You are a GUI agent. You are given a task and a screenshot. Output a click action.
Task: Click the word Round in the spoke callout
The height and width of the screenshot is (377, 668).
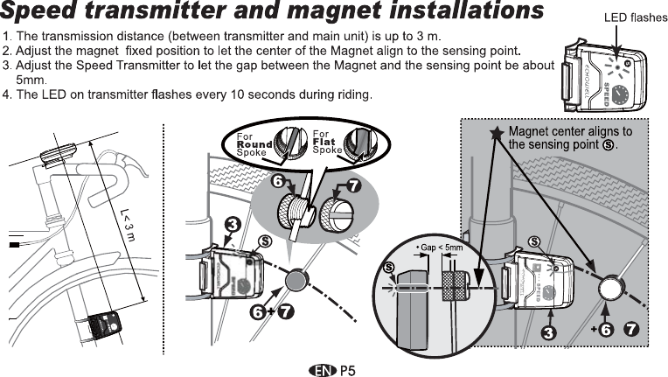254,144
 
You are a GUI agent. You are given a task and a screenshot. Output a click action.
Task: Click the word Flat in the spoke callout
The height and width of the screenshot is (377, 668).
324,143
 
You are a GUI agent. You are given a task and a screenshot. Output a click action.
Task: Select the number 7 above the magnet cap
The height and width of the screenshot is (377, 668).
354,185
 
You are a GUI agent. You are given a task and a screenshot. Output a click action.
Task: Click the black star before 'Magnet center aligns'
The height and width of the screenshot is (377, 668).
497,134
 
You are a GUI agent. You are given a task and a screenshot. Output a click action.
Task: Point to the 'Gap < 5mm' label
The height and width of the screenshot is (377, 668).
439,248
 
